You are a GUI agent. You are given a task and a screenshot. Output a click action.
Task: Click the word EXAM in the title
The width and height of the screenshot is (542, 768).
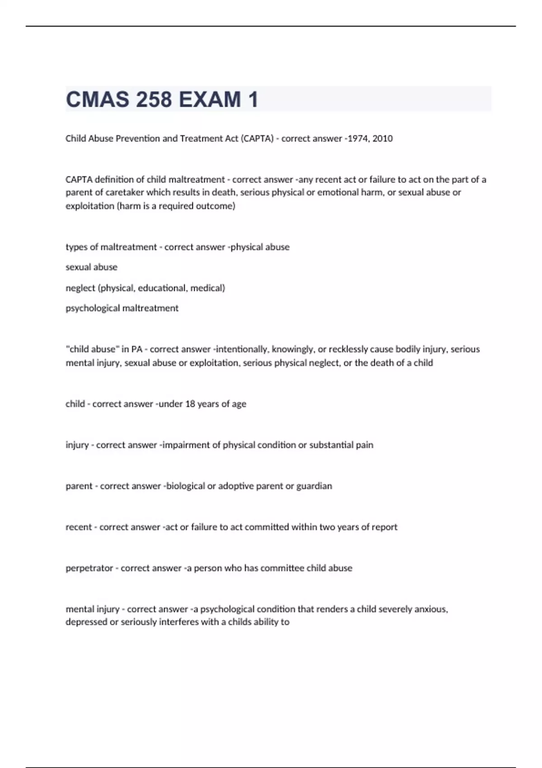click(x=210, y=99)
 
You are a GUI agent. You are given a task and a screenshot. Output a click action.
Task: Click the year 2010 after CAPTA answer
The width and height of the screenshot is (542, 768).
click(x=383, y=139)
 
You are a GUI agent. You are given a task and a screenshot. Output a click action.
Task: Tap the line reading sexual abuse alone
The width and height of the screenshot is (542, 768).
click(x=91, y=267)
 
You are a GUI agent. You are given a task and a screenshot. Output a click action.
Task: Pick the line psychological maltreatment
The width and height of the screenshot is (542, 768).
click(x=122, y=308)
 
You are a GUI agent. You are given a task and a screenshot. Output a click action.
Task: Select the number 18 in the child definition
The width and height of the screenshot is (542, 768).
click(x=190, y=404)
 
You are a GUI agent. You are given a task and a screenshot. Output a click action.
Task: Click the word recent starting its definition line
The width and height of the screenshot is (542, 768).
click(x=78, y=527)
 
